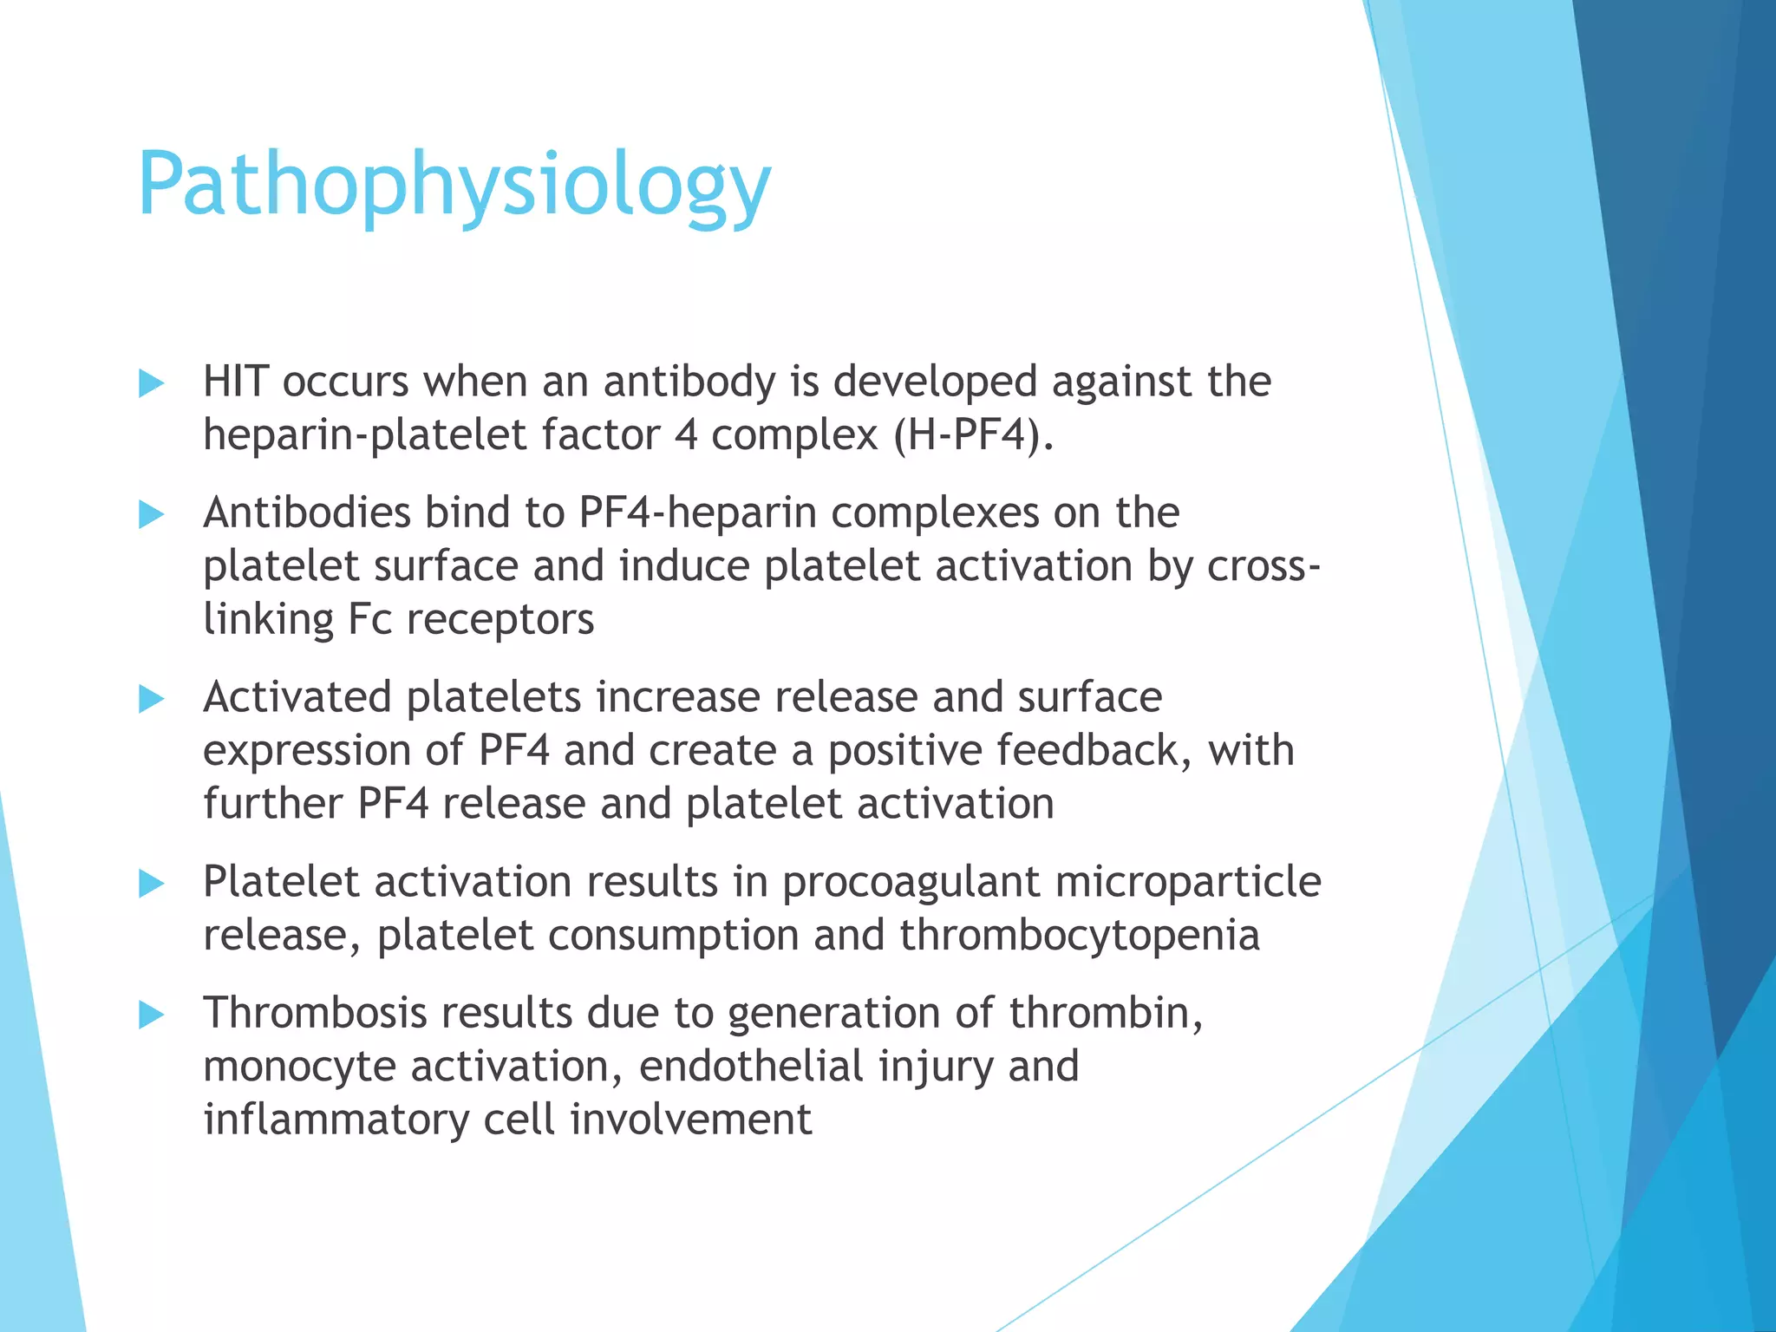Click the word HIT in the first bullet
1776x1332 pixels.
click(x=235, y=382)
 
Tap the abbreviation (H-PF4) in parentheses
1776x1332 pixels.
click(x=973, y=435)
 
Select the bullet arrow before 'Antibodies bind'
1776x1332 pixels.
click(x=151, y=514)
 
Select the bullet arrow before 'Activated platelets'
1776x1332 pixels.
click(x=151, y=699)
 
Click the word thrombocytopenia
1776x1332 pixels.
click(x=1079, y=936)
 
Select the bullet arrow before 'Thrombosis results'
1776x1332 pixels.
click(x=151, y=1015)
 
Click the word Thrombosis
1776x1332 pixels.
click(x=315, y=1013)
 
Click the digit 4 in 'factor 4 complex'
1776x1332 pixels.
click(x=685, y=435)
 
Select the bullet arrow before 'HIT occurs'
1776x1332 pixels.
click(x=151, y=383)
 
